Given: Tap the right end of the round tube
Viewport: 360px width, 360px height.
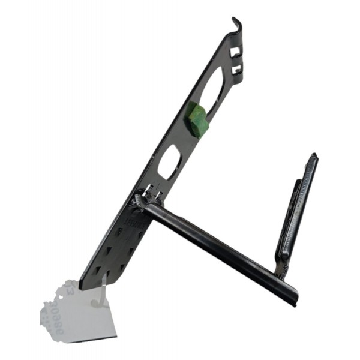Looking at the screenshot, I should point(292,298).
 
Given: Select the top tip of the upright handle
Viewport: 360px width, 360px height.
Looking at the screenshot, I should point(313,157).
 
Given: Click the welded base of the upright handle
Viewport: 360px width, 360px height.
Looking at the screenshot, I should point(281,270).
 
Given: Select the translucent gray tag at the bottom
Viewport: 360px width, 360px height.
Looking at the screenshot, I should point(78,312).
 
